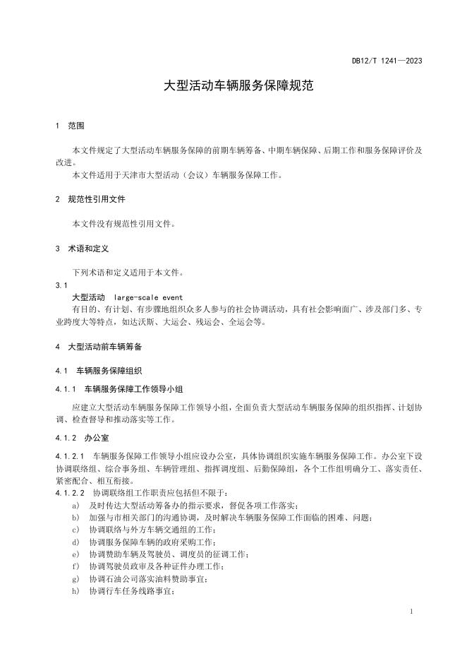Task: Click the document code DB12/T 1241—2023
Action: pos(387,61)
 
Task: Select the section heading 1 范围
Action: pos(69,126)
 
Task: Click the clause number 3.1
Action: pos(61,285)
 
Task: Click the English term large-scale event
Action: pos(148,297)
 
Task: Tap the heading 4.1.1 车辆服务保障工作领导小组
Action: pos(120,389)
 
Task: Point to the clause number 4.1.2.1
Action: pos(70,456)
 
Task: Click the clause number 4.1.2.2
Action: pos(70,492)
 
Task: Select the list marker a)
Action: pos(75,505)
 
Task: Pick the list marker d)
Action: pos(75,542)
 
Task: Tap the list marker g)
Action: pos(75,579)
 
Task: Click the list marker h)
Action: pos(75,591)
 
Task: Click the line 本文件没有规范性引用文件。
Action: pos(123,224)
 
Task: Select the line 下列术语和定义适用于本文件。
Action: pos(128,273)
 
